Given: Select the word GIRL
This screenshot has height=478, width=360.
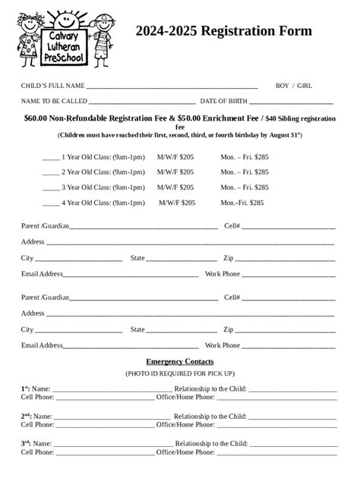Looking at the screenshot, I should tap(305, 86).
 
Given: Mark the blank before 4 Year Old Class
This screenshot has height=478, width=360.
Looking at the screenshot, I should tap(51, 204).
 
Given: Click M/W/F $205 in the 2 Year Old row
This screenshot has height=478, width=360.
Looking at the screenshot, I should tap(175, 172).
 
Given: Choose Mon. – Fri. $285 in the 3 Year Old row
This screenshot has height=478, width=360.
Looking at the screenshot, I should tap(245, 187).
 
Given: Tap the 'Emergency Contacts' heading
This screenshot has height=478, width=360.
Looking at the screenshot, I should tap(180, 362).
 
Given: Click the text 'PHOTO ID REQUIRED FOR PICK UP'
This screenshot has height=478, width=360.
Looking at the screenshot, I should tap(180, 374).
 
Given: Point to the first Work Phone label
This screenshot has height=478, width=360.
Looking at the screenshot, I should tap(223, 274).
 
